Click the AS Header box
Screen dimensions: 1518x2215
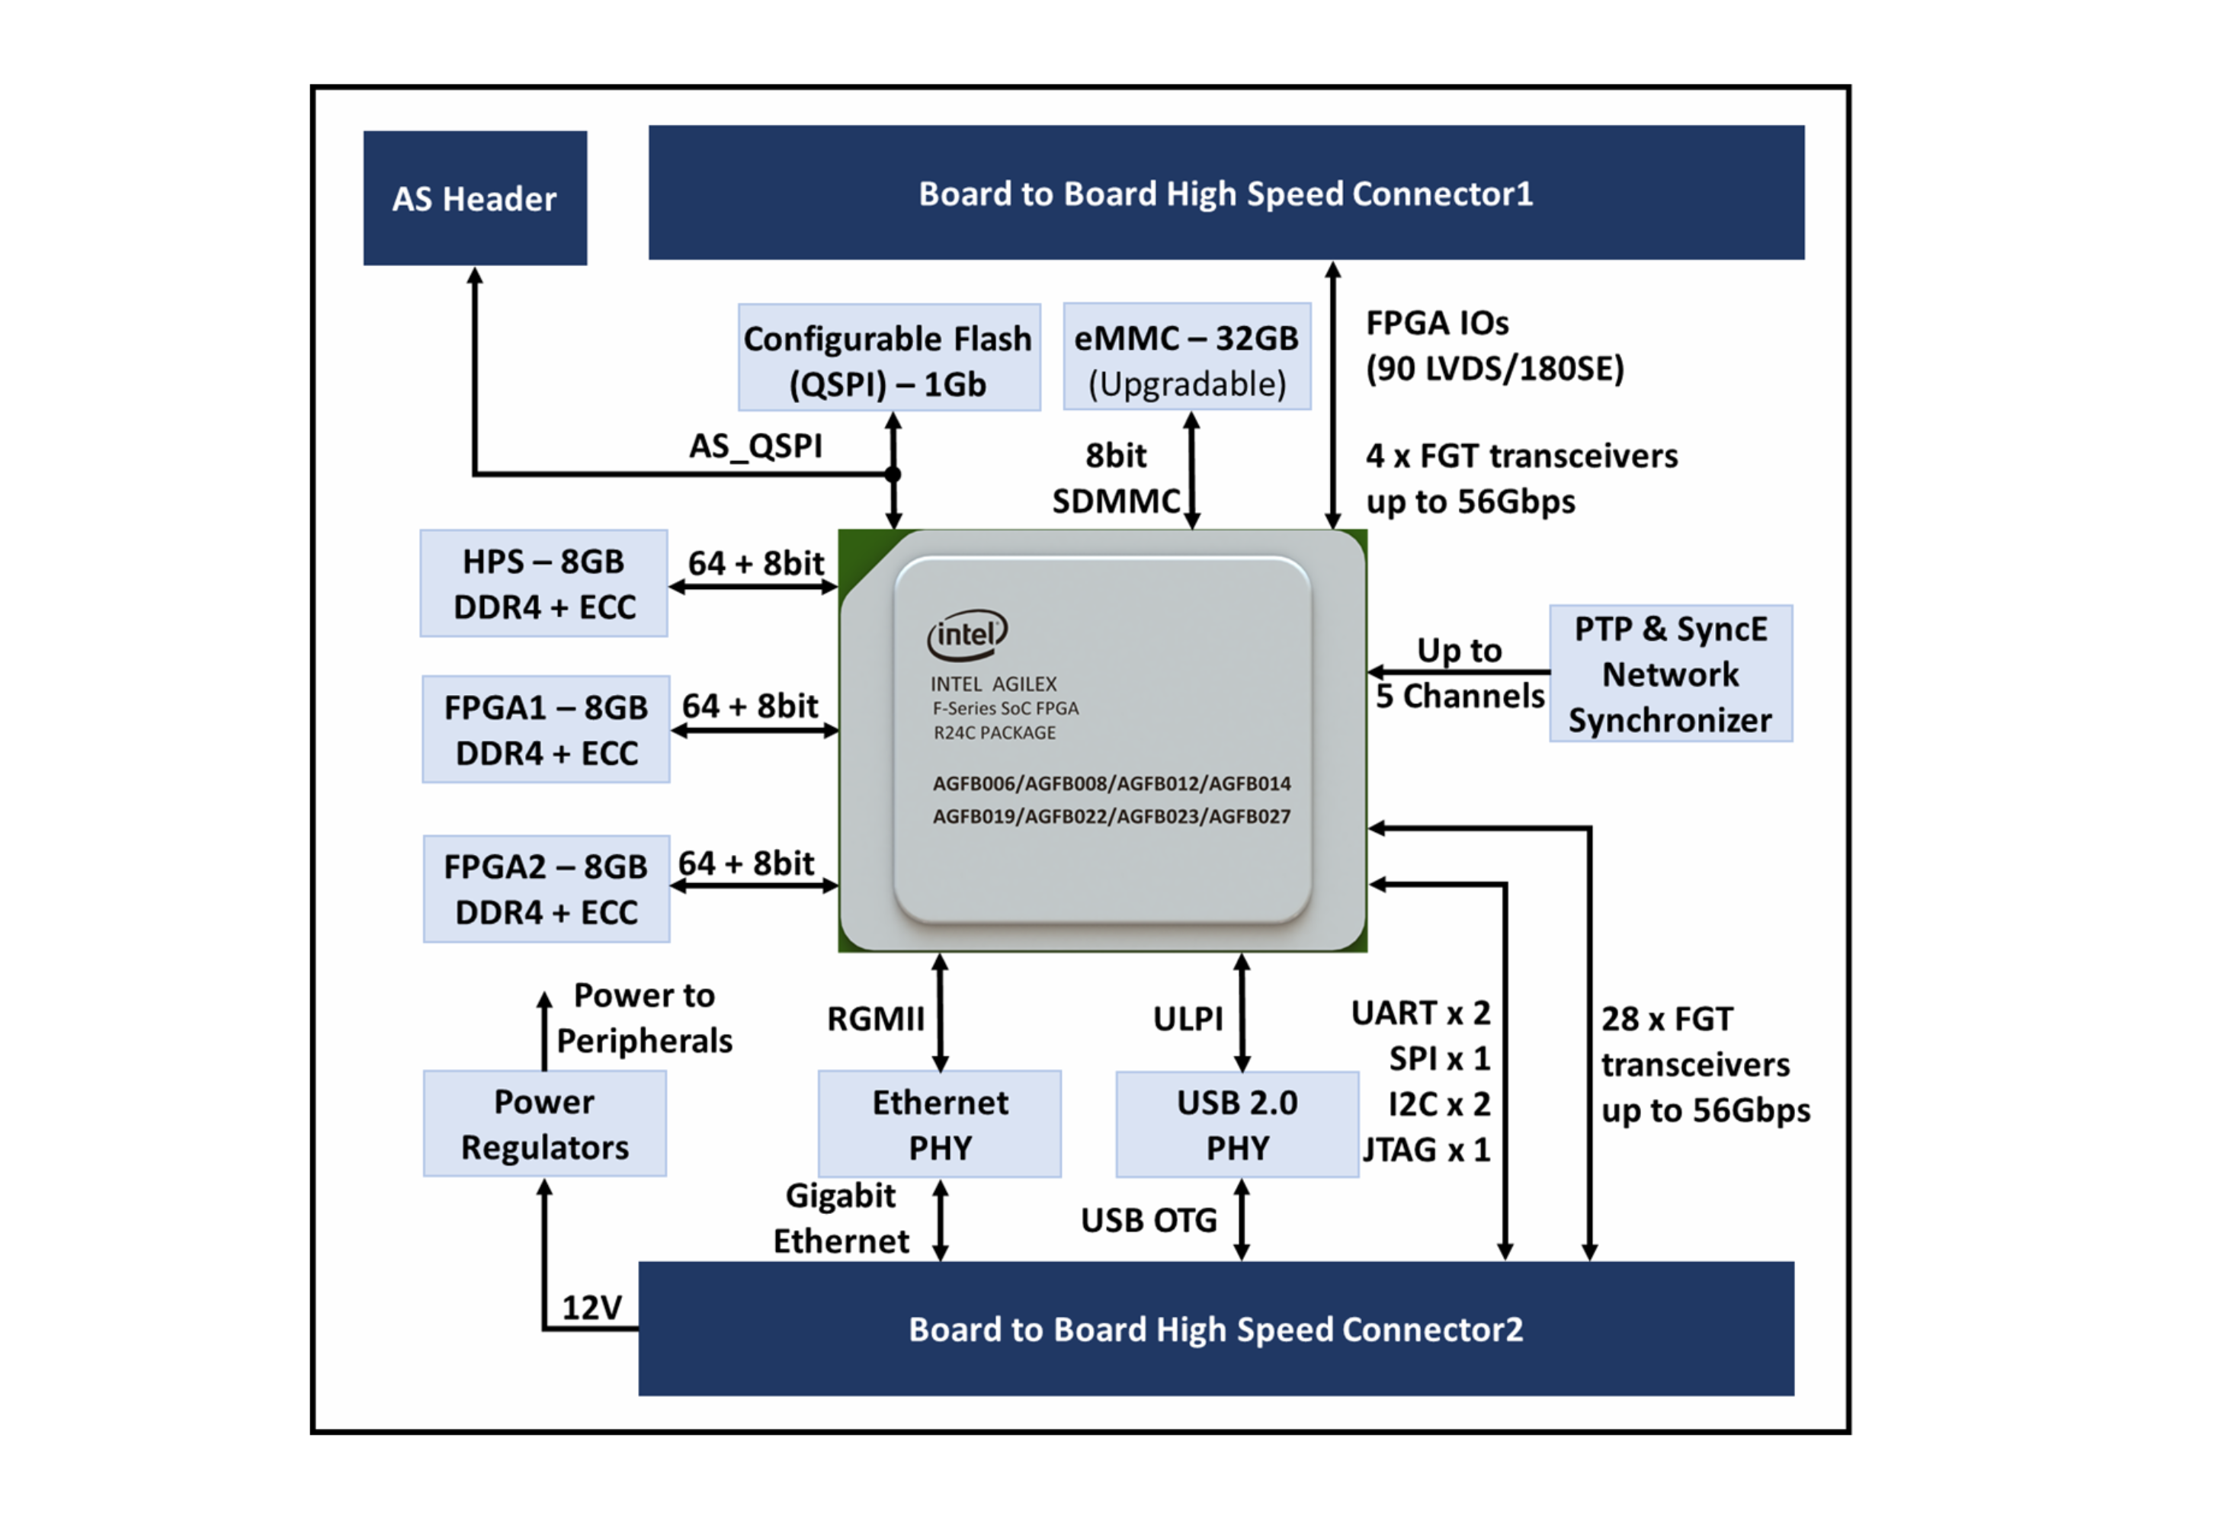[475, 198]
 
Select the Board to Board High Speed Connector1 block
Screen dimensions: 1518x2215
[1226, 193]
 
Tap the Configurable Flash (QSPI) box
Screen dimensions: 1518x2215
[888, 358]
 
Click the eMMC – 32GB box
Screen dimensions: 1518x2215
[1187, 358]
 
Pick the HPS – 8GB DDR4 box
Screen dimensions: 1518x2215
[543, 583]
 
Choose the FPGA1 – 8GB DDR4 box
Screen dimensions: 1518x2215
[545, 730]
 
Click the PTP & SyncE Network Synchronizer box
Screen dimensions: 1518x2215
[1670, 674]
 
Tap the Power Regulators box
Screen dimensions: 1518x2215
[544, 1123]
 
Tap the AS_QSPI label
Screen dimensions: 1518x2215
[755, 446]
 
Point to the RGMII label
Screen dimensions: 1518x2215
[875, 1019]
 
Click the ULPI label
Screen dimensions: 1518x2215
[1188, 1019]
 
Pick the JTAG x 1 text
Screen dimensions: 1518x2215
[1426, 1150]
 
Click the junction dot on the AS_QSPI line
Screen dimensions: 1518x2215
[893, 473]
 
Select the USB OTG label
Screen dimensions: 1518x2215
[1149, 1221]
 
